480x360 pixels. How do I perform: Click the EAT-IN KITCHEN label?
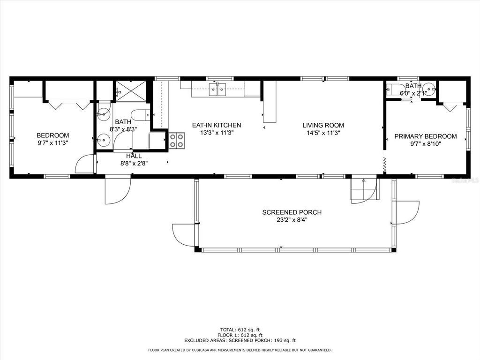click(x=217, y=125)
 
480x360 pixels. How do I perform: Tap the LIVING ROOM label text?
click(x=323, y=125)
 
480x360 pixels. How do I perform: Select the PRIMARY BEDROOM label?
click(x=425, y=136)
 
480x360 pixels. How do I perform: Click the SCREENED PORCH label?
click(x=292, y=212)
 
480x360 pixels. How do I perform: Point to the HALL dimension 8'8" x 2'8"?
click(x=134, y=163)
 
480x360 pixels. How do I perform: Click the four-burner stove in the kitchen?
click(x=177, y=140)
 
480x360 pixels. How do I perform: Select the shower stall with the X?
click(x=131, y=91)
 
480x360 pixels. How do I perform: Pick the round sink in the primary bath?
click(x=429, y=89)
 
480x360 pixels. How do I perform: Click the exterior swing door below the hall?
click(x=117, y=189)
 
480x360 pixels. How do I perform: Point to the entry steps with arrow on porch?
click(x=364, y=188)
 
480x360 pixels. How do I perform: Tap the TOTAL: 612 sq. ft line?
click(x=240, y=329)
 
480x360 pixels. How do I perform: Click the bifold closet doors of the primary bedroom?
click(x=450, y=107)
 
